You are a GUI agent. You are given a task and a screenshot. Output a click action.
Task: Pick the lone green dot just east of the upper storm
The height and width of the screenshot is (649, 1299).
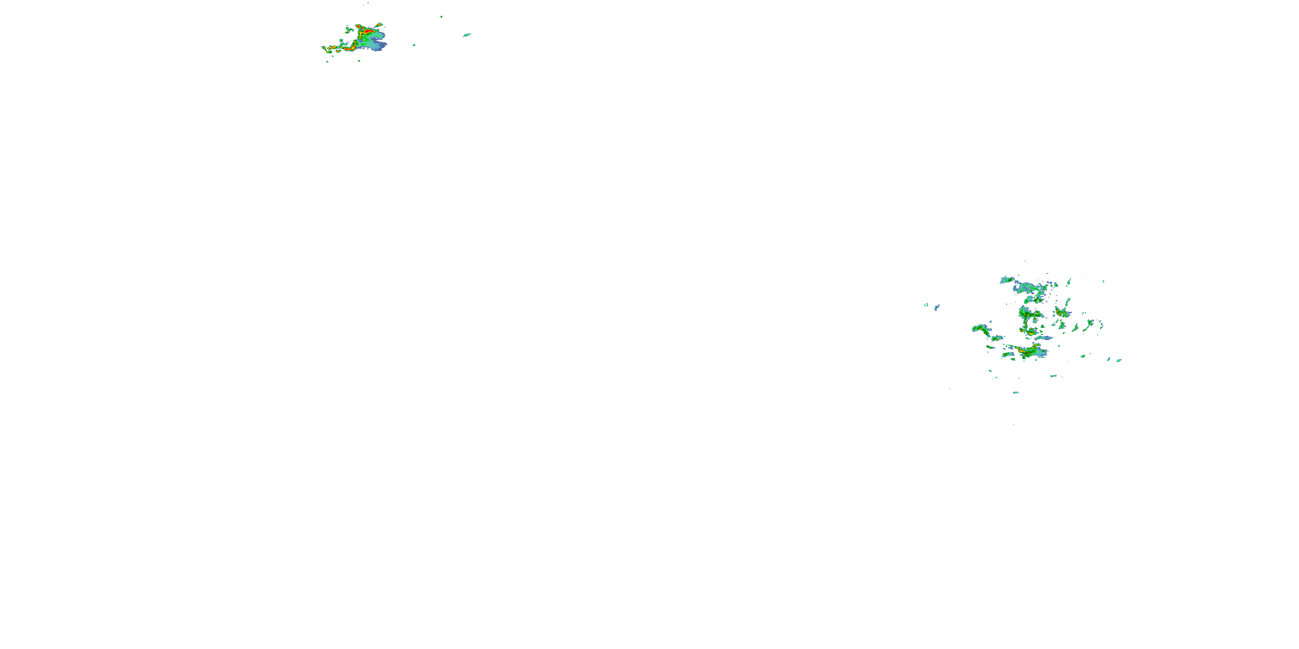pyautogui.click(x=414, y=45)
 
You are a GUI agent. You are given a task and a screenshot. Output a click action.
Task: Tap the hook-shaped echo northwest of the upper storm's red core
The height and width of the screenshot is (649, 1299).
pyautogui.click(x=348, y=30)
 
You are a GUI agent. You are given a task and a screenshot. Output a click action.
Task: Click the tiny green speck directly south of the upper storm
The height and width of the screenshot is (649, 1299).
pyautogui.click(x=359, y=61)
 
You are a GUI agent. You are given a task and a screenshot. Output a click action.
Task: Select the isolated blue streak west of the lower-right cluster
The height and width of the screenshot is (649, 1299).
pyautogui.click(x=937, y=307)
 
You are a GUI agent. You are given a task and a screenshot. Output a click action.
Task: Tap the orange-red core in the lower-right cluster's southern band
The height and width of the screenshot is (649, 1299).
pyautogui.click(x=1023, y=350)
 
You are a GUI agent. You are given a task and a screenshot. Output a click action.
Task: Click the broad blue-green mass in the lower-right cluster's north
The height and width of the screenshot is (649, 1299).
pyautogui.click(x=1029, y=289)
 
